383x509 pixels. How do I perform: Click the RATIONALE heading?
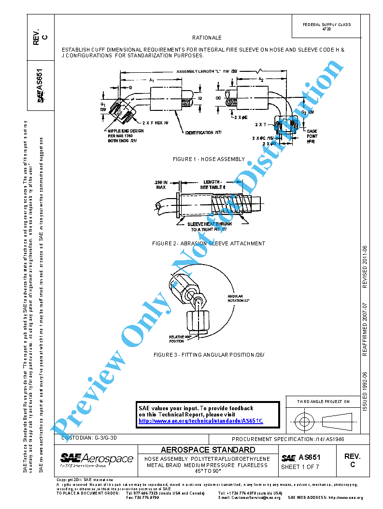pos(207,38)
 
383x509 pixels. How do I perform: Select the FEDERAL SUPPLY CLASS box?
pos(326,27)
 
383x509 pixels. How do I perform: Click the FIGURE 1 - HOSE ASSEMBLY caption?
pos(209,159)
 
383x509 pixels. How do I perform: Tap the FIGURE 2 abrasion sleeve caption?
pos(208,243)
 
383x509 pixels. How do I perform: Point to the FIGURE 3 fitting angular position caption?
pos(209,355)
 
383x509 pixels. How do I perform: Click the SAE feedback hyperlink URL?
pos(200,421)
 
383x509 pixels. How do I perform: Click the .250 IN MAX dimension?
pos(161,185)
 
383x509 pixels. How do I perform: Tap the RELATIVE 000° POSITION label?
pos(177,339)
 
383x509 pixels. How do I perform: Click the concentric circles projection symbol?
pos(304,421)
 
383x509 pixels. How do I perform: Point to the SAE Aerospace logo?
pos(97,459)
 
